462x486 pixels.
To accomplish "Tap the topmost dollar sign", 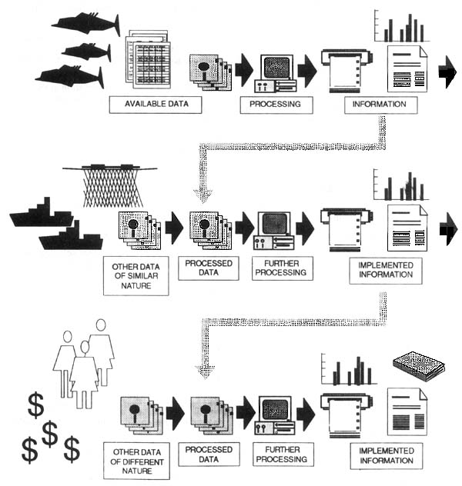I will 35,404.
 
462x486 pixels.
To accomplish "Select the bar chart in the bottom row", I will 350,371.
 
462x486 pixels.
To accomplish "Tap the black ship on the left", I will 40,215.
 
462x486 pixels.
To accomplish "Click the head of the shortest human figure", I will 84,348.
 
